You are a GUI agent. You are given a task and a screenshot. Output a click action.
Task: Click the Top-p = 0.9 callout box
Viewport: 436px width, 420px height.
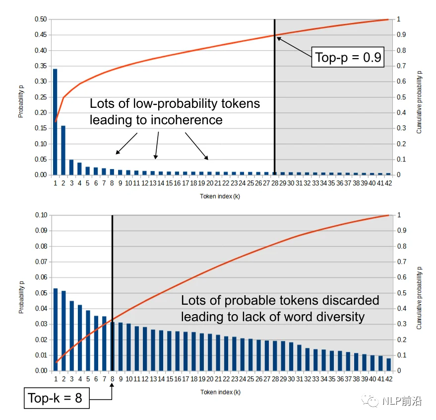point(348,58)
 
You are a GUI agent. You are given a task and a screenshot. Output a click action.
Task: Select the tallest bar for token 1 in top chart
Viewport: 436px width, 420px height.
point(55,122)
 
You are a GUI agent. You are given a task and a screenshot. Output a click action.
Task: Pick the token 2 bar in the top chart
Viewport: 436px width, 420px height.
point(63,150)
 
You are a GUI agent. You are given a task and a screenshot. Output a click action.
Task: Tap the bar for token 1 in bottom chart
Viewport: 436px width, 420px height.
point(56,330)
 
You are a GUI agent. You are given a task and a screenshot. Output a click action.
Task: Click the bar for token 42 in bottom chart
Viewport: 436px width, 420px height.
point(388,365)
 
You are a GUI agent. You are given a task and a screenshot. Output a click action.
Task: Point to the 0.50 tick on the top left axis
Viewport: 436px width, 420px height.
point(41,19)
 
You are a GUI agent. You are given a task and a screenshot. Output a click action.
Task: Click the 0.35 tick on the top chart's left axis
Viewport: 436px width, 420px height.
point(41,66)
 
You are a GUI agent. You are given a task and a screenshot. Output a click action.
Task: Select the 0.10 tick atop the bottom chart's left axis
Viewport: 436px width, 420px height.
point(41,215)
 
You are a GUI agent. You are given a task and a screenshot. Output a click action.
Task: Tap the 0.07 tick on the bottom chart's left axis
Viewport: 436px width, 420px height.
point(41,262)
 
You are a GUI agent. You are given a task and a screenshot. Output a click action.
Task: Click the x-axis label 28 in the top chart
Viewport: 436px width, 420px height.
point(275,183)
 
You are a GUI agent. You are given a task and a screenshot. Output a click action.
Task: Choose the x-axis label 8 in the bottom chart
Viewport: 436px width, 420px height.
point(113,379)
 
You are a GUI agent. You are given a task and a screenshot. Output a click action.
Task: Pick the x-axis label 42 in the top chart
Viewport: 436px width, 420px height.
point(388,183)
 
